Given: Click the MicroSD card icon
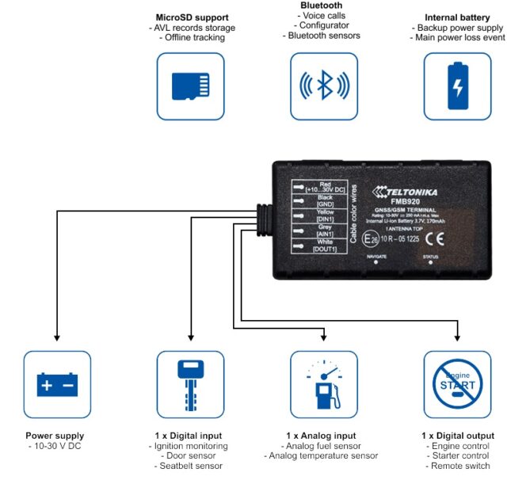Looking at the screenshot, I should click(x=190, y=86).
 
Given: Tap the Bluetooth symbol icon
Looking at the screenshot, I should click(x=324, y=86).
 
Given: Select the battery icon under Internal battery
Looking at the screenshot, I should click(x=457, y=86).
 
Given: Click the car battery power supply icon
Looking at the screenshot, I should click(x=57, y=385).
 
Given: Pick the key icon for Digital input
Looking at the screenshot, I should click(x=190, y=385).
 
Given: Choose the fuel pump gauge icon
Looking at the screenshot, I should click(x=324, y=385).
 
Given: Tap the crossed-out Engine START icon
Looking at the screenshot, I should click(x=457, y=385).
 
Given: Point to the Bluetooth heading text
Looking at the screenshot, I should click(x=321, y=6).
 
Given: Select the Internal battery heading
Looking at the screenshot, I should click(x=457, y=17).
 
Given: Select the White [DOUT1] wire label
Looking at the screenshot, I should click(x=324, y=245).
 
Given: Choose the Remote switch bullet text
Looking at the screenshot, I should click(x=459, y=466).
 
